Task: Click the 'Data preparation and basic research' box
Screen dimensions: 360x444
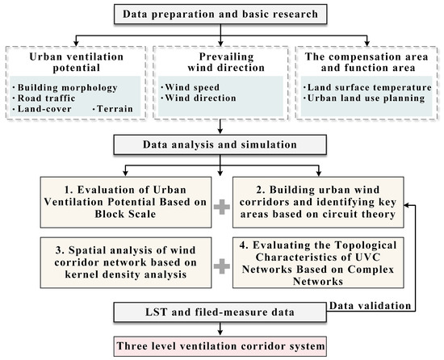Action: pyautogui.click(x=220, y=13)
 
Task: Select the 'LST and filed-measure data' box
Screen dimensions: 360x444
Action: pyautogui.click(x=220, y=311)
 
